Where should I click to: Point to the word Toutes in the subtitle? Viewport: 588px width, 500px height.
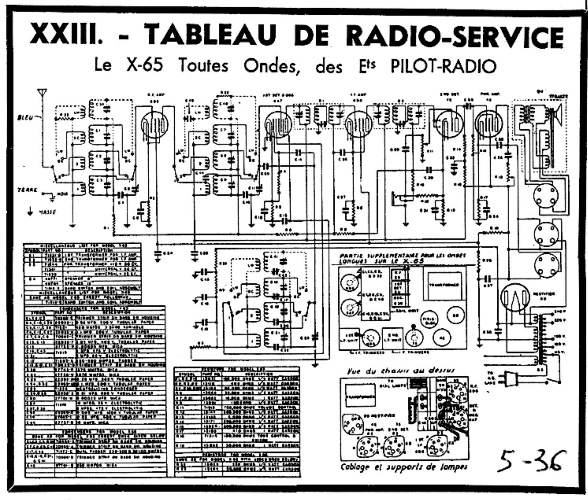[x=203, y=65]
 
